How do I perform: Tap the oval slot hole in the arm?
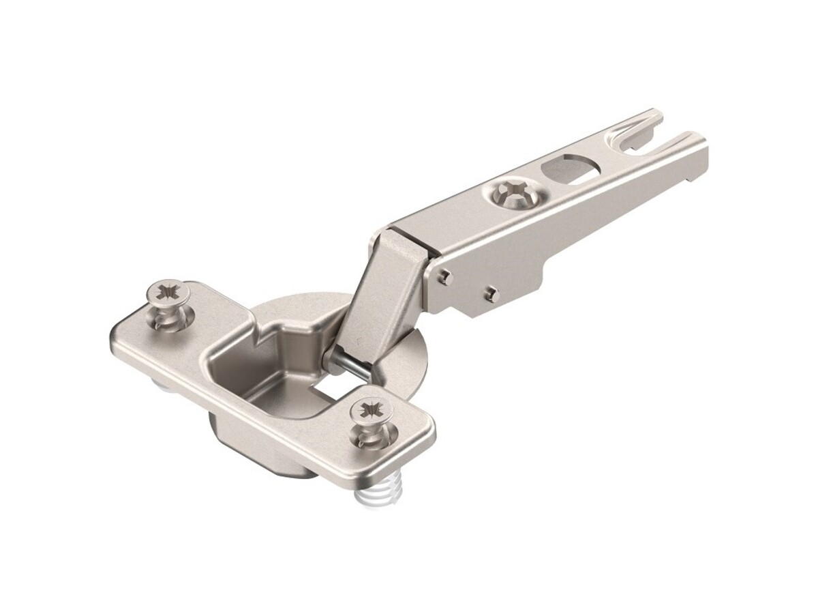[569, 169]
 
